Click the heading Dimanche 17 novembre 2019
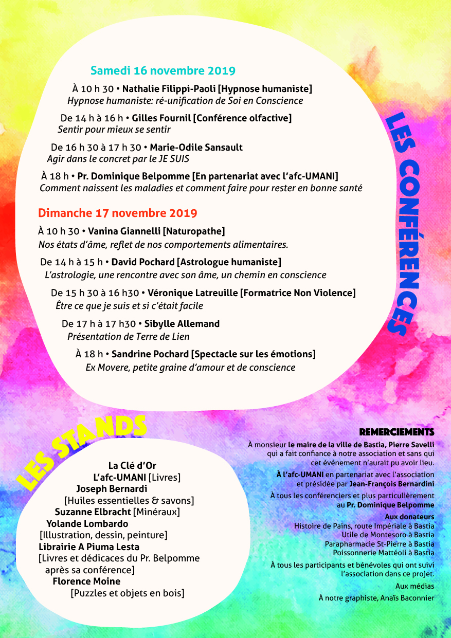[118, 213]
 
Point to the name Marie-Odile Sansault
[196, 148]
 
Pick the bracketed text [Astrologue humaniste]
[229, 262]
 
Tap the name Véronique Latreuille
[193, 293]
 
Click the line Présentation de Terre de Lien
[129, 337]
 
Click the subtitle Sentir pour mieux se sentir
[114, 130]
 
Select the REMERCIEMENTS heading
[396, 432]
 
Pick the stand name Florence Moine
[87, 581]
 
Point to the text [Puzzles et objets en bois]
[128, 593]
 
